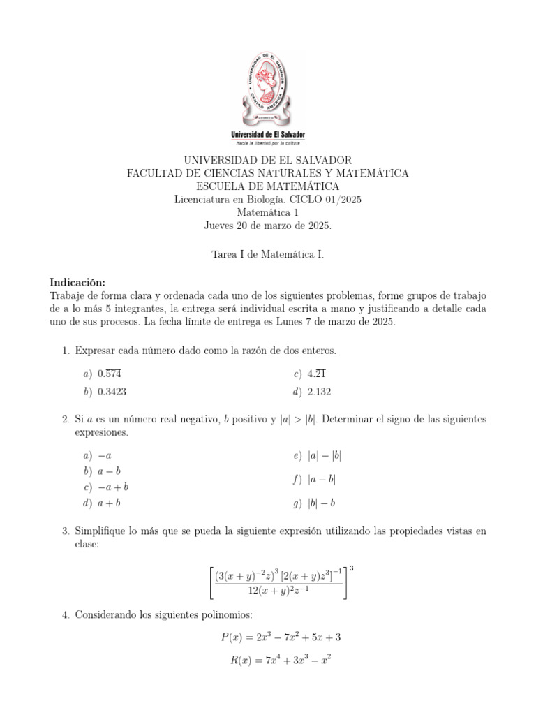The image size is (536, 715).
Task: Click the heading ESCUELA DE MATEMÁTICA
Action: tap(268, 186)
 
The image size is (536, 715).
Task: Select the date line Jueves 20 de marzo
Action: tap(268, 226)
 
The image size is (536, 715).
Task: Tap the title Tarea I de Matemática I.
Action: tap(268, 255)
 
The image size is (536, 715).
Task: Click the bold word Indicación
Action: tap(77, 282)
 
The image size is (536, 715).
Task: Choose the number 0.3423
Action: tap(112, 392)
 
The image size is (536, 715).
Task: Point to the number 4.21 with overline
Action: tap(318, 374)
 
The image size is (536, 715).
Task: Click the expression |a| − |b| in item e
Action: tap(325, 456)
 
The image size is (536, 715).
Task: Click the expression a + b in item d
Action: tap(110, 503)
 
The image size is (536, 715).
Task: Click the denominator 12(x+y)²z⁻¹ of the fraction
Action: tap(279, 591)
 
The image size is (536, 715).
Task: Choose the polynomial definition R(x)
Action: tap(280, 659)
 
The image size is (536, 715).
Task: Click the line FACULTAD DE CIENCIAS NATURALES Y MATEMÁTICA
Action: tap(268, 173)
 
